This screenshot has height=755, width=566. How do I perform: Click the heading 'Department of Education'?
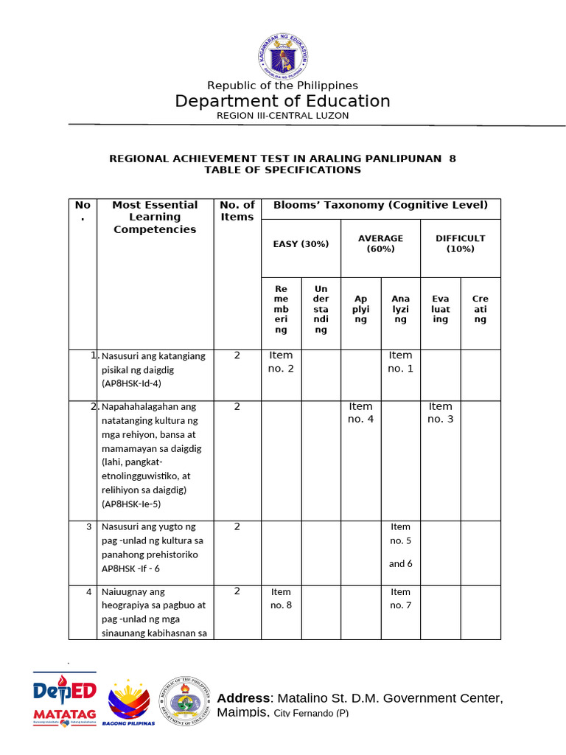pyautogui.click(x=282, y=101)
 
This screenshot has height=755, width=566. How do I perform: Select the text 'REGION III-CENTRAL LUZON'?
pyautogui.click(x=282, y=116)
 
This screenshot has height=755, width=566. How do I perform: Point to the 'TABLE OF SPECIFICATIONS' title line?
pyautogui.click(x=282, y=170)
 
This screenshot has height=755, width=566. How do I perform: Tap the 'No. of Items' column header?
pyautogui.click(x=237, y=211)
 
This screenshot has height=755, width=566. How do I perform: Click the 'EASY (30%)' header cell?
pyautogui.click(x=301, y=244)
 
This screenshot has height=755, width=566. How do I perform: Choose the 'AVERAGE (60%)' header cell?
pyautogui.click(x=380, y=243)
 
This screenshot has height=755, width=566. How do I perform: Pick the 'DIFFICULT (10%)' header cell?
pyautogui.click(x=460, y=243)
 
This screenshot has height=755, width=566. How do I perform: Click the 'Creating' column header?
pyautogui.click(x=481, y=309)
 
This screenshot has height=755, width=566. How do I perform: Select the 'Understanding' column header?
pyautogui.click(x=321, y=309)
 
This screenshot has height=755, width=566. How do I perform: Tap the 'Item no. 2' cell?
pyautogui.click(x=281, y=362)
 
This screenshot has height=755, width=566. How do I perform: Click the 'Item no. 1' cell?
pyautogui.click(x=400, y=362)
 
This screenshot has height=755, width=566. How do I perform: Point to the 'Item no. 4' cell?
pyautogui.click(x=360, y=413)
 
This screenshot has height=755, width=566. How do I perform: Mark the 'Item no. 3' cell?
pyautogui.click(x=440, y=413)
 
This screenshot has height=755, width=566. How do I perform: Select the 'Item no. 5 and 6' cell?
pyautogui.click(x=400, y=545)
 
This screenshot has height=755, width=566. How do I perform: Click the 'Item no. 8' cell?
pyautogui.click(x=281, y=599)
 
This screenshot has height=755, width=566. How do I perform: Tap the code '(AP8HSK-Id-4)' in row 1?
pyautogui.click(x=131, y=384)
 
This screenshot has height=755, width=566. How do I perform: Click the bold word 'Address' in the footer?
pyautogui.click(x=243, y=698)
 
